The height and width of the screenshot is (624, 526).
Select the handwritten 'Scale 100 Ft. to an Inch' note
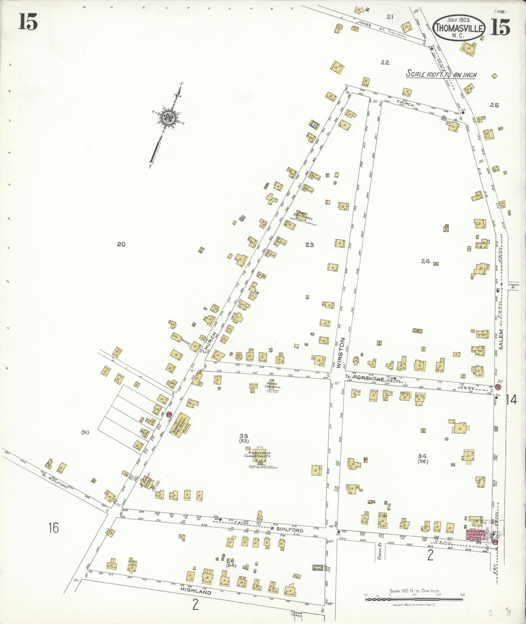point(441,74)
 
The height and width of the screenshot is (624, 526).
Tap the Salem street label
point(501,340)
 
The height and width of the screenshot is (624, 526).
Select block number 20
point(121,244)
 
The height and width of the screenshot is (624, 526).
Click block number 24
point(426,261)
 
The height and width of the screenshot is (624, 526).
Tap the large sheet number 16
point(54,537)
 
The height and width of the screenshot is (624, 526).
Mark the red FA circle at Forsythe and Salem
point(498,387)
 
